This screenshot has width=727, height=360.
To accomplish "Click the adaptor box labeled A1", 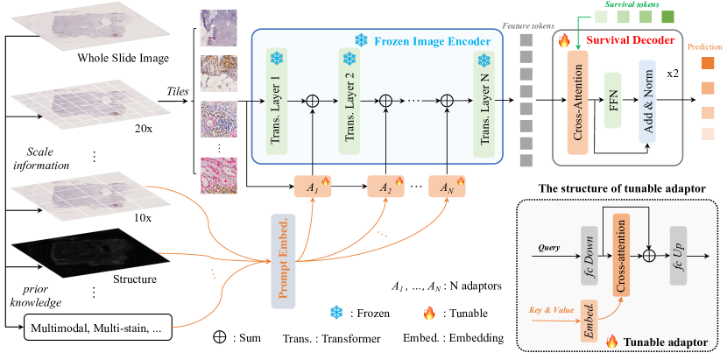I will pos(313,189).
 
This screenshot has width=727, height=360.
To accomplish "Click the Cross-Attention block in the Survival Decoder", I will pos(577,102).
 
